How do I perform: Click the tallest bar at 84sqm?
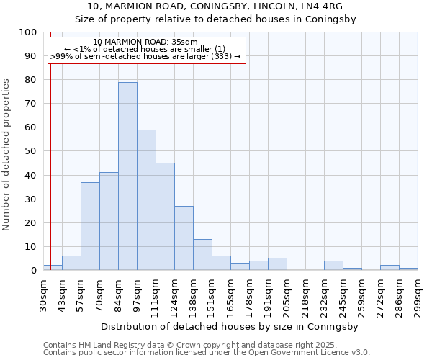click(x=127, y=176)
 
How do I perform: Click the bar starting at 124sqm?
click(x=184, y=238)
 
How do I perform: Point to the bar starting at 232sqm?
click(x=333, y=266)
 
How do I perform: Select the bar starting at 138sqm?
click(x=202, y=255)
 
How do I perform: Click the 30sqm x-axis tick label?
click(x=43, y=294)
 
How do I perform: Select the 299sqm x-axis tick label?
click(x=418, y=294)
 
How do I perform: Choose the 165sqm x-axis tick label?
click(x=230, y=294)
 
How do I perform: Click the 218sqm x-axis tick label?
click(x=305, y=294)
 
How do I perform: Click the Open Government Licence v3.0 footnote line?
click(x=207, y=353)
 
